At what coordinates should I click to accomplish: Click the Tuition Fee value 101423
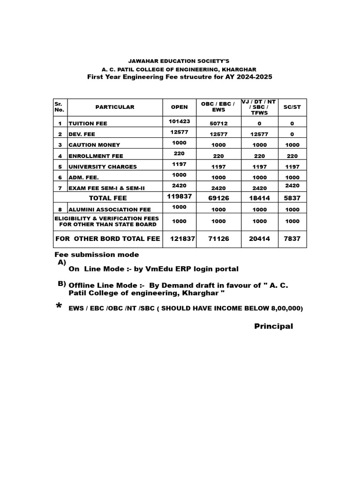179,121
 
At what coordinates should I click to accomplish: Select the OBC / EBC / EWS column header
218,107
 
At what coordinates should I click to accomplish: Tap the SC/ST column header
292,107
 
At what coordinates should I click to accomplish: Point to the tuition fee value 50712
218,124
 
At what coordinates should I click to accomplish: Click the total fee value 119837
179,196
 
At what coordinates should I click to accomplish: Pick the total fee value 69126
218,198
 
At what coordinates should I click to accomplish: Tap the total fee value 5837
292,198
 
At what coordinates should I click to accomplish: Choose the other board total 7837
292,239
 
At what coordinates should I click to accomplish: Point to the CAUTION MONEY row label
94,145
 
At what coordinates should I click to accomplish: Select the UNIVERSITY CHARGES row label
103,167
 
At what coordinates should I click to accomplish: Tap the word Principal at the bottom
273,326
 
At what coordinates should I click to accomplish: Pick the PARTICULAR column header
115,107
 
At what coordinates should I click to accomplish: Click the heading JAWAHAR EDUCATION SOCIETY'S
180,61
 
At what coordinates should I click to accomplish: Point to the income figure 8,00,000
285,308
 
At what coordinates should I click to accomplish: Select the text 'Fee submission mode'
97,255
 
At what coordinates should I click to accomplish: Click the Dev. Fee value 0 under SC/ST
292,134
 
